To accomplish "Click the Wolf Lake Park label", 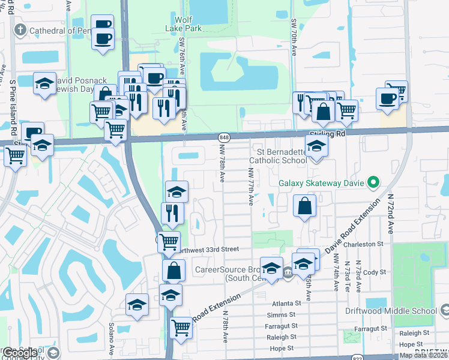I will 184,23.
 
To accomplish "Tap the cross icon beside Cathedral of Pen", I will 20,31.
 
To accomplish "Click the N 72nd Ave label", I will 390,214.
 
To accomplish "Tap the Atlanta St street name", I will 285,304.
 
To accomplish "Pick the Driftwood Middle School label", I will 399,311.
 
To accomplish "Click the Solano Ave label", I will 112,339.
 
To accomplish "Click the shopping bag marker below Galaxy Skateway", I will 305,206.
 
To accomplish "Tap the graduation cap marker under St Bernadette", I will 315,146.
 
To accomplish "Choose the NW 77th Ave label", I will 250,186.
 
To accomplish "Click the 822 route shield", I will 357,356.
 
